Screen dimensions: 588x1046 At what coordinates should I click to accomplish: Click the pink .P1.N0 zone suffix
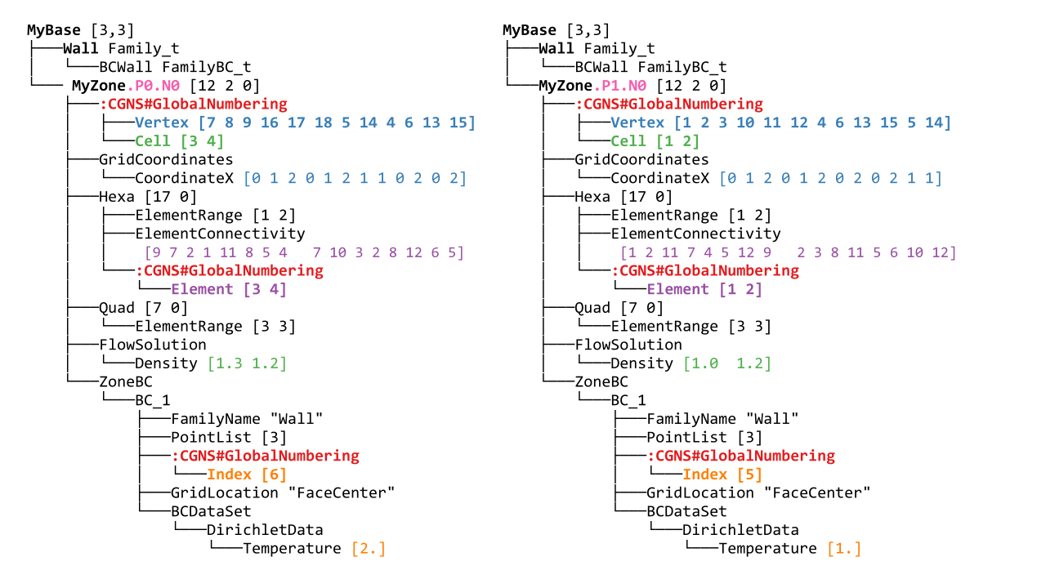point(621,86)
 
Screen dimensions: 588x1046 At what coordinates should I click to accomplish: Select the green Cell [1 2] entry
point(651,141)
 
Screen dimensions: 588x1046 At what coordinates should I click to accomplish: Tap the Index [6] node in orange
point(247,474)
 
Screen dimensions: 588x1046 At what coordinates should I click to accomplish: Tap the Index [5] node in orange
point(722,474)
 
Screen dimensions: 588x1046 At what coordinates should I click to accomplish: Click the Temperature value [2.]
point(369,549)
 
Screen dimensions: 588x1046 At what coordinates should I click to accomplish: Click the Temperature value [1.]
point(844,549)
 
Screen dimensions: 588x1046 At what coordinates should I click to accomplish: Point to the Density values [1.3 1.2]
point(247,363)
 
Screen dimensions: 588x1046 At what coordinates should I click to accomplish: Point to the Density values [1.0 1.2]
point(726,363)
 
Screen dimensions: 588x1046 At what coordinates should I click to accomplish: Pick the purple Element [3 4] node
point(229,289)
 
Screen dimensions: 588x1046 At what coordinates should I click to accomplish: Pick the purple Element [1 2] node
point(704,289)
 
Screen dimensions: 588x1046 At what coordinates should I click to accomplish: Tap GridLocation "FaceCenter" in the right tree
point(758,492)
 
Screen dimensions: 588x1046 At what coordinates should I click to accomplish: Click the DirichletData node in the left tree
point(265,530)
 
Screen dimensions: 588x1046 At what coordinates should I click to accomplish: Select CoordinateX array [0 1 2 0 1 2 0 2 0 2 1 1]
point(830,178)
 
